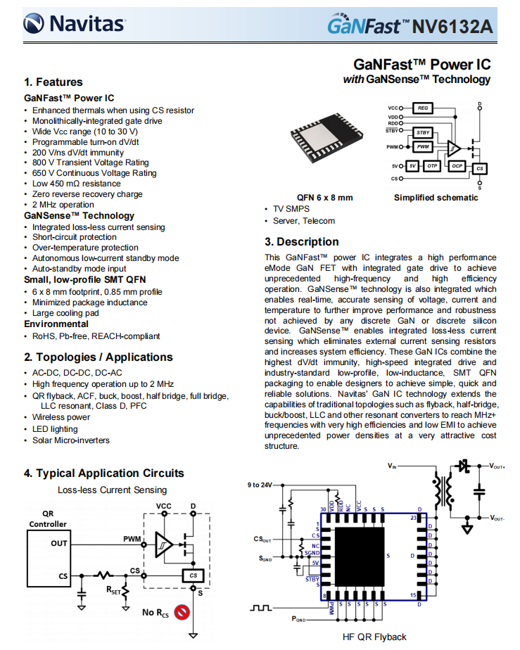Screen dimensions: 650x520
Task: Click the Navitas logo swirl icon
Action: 34,25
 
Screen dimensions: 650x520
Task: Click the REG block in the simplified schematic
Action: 422,108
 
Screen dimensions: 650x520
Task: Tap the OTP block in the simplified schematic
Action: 432,166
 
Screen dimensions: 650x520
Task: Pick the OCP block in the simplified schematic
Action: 457,166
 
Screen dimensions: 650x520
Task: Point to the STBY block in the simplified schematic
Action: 422,132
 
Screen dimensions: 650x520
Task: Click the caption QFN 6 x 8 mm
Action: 324,198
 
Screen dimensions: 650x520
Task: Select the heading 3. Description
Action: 302,242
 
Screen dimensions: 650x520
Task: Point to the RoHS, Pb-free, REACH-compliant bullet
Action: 96,336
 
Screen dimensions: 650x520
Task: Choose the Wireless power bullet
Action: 61,417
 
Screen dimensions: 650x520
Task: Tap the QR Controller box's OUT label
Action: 59,543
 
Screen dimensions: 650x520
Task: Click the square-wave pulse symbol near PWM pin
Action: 262,607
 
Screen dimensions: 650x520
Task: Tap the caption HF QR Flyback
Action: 374,637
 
